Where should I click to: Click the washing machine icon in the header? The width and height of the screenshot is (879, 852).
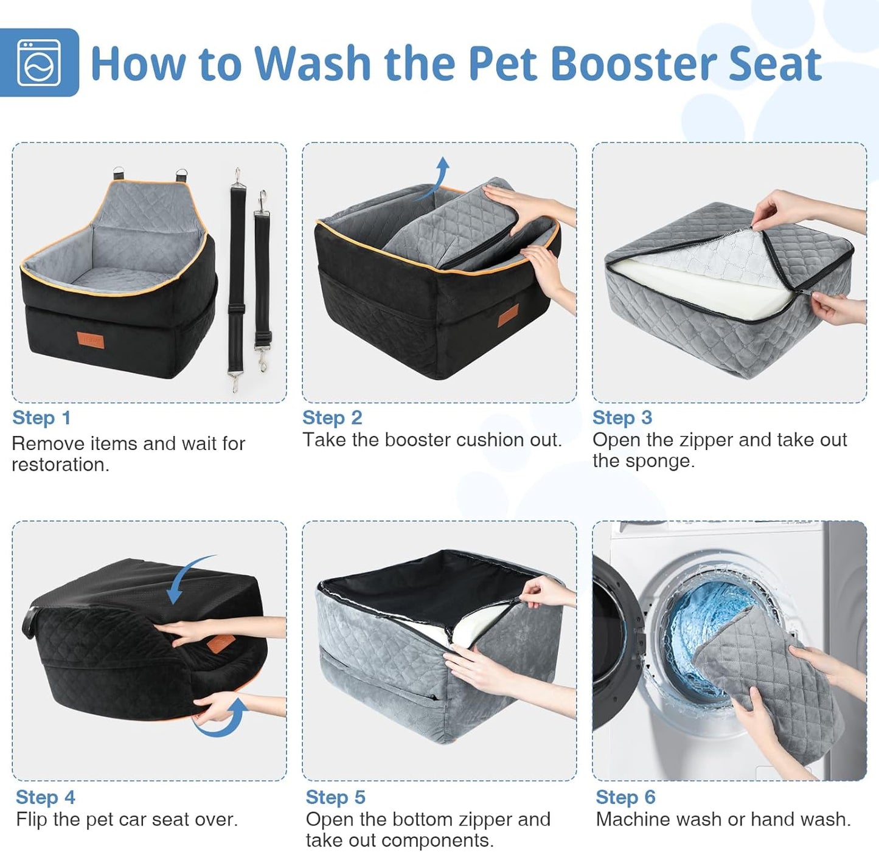[39, 63]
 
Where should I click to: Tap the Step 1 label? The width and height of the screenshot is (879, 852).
[41, 418]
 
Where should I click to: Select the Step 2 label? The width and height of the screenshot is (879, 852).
[332, 418]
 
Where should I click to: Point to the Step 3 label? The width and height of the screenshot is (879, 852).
[622, 418]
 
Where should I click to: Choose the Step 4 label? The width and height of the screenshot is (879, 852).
[45, 797]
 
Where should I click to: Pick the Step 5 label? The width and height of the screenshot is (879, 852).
[335, 797]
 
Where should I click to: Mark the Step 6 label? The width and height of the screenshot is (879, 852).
[625, 797]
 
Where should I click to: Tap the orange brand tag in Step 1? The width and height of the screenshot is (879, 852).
[91, 340]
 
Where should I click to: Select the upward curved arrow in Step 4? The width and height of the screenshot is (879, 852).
[225, 718]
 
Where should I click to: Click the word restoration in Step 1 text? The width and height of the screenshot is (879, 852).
[60, 465]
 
